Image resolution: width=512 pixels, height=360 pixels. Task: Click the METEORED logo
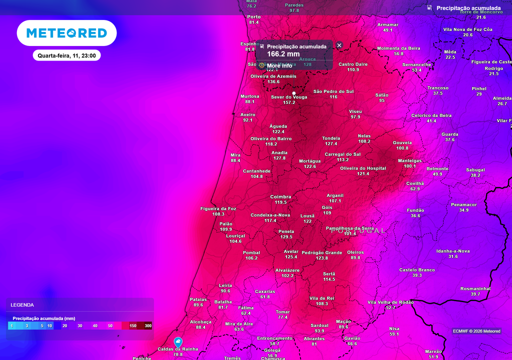click(x=66, y=33)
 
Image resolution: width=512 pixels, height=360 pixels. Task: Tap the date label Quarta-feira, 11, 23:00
click(x=66, y=55)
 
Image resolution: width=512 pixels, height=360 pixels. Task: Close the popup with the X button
click(x=339, y=45)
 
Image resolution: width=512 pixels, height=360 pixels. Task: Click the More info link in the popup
click(x=279, y=65)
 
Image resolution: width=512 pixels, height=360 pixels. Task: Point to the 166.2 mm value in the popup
click(x=283, y=54)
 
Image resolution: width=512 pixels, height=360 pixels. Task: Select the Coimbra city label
click(x=280, y=196)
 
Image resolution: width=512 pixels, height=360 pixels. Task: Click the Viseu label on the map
click(x=355, y=111)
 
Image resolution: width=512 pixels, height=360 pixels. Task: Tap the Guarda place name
click(x=450, y=134)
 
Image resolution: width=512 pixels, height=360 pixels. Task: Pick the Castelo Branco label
click(x=417, y=269)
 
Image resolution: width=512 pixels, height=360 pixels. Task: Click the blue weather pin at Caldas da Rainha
click(x=178, y=342)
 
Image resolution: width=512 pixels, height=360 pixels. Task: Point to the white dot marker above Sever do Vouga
click(x=294, y=93)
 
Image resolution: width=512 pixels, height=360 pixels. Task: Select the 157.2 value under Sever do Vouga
click(x=289, y=102)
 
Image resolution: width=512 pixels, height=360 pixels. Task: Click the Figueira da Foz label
click(x=218, y=208)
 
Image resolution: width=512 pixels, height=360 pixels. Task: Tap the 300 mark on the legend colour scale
click(x=148, y=325)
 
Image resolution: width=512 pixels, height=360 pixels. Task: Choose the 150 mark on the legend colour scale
click(x=133, y=325)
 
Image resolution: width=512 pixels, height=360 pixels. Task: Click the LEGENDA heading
click(x=22, y=304)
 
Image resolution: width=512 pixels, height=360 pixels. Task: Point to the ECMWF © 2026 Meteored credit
click(x=476, y=331)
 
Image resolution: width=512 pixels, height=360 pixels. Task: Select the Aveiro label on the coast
click(x=247, y=114)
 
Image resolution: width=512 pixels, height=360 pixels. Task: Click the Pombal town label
click(x=251, y=252)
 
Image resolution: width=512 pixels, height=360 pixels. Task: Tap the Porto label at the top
click(x=254, y=16)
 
